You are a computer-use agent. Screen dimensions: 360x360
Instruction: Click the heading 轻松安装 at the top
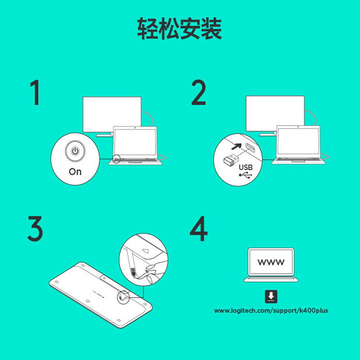180,29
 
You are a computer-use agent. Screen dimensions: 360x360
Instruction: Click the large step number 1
35,93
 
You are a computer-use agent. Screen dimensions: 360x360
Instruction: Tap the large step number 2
198,93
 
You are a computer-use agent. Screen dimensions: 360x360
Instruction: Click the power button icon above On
75,151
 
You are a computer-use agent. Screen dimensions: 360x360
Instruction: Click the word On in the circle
75,171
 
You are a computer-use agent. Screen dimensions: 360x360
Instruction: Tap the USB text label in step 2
246,167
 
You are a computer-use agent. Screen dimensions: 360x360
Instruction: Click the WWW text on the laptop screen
270,262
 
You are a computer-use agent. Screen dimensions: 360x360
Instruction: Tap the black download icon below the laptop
271,296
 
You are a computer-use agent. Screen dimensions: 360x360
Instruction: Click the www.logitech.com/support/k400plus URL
271,310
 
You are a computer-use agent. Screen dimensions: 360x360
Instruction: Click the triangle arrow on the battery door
145,247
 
